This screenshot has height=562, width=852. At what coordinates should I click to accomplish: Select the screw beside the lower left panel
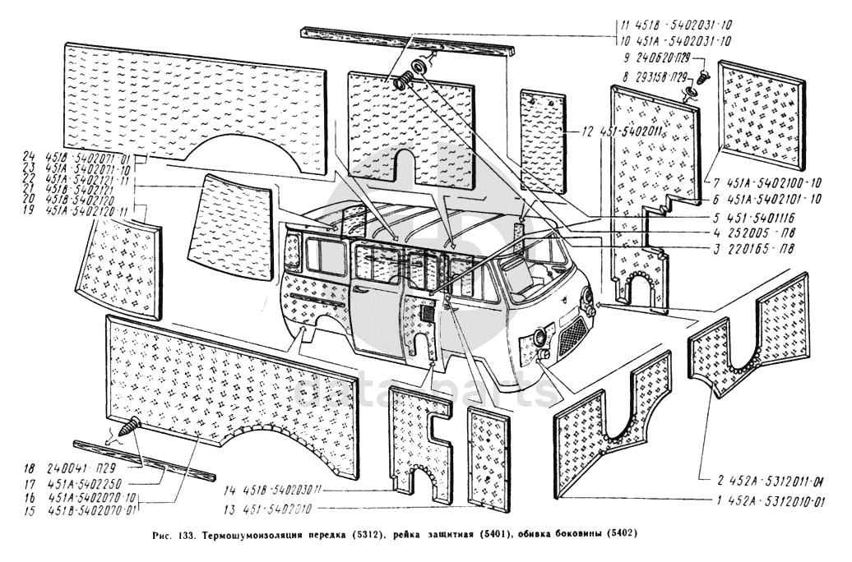pyautogui.click(x=130, y=426)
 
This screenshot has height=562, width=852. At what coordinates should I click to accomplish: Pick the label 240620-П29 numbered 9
pyautogui.click(x=656, y=58)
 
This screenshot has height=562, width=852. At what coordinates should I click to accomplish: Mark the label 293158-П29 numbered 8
pyautogui.click(x=656, y=76)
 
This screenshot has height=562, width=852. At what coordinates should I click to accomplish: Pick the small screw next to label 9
pyautogui.click(x=704, y=80)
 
